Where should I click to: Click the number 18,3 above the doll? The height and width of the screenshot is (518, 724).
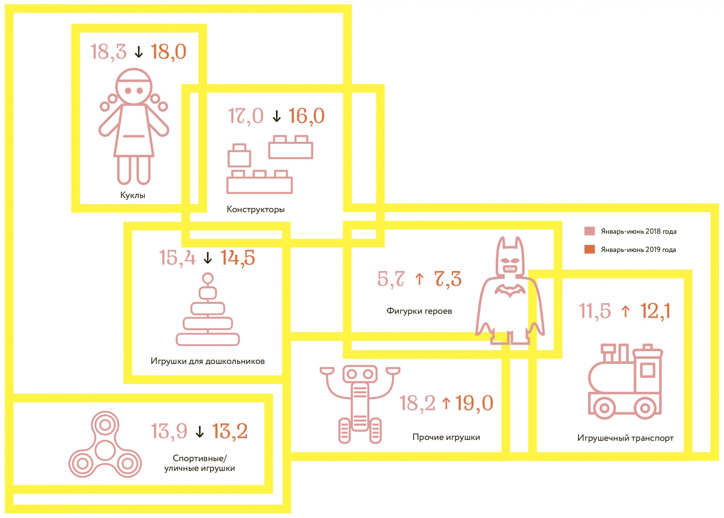pos(109,52)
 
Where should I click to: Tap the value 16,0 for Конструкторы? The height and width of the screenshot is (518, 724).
pos(306,116)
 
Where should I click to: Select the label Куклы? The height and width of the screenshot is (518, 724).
pos(133,195)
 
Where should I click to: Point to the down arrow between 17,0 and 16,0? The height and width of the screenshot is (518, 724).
pos(276,116)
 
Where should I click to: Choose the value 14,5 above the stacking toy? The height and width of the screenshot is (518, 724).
pos(238,258)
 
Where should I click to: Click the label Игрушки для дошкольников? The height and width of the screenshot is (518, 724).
pos(208,361)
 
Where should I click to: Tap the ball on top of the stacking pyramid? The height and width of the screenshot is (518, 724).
pos(208,278)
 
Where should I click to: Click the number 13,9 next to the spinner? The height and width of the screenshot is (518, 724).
pos(169,431)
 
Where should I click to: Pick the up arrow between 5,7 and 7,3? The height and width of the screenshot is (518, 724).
pos(419,279)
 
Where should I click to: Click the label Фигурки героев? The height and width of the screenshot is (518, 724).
pos(419,311)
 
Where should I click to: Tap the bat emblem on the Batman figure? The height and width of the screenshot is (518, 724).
pos(510,290)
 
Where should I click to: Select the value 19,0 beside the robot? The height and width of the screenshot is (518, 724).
pos(474,403)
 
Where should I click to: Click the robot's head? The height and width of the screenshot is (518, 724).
pos(360,374)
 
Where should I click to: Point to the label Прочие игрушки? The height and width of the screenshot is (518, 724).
pos(446,437)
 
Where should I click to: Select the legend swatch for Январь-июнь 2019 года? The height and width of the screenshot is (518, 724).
pos(589,249)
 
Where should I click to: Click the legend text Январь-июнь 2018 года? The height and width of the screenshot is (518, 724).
pos(638,231)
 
